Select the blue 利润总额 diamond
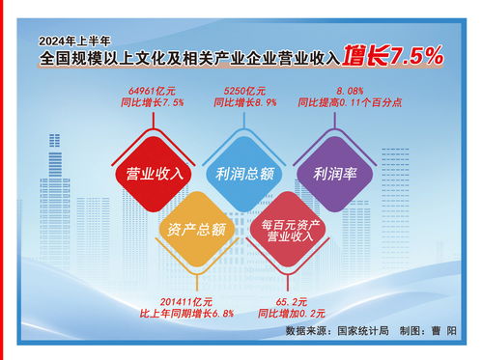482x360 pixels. point(242,174)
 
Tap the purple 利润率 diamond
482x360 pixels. point(333,174)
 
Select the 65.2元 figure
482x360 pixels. point(291,301)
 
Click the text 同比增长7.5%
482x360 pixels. point(156,101)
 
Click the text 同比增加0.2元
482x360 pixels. point(291,314)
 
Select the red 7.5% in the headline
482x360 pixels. point(416,57)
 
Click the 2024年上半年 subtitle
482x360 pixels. point(76,42)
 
